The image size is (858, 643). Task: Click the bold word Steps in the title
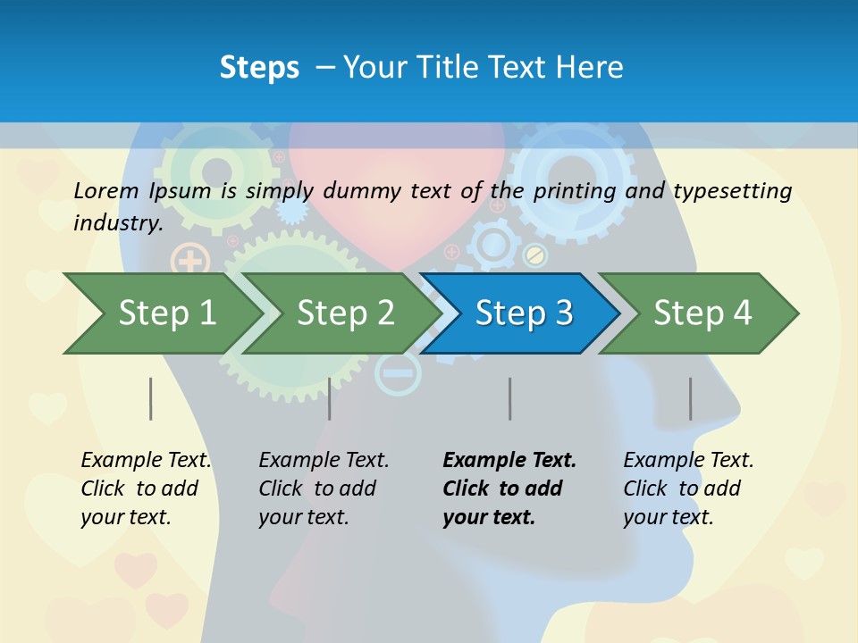pyautogui.click(x=259, y=68)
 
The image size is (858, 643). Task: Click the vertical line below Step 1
pyautogui.click(x=151, y=398)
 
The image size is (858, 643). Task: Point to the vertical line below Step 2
pyautogui.click(x=330, y=398)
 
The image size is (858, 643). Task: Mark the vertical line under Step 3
pyautogui.click(x=510, y=398)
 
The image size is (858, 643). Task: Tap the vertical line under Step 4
pyautogui.click(x=691, y=398)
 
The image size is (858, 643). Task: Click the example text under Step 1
pyautogui.click(x=146, y=489)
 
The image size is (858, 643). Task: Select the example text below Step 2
pyautogui.click(x=324, y=489)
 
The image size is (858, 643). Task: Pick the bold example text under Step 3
pyautogui.click(x=509, y=489)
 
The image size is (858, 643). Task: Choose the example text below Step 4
pyautogui.click(x=688, y=489)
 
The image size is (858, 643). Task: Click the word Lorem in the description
pyautogui.click(x=105, y=191)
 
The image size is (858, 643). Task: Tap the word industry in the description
pyautogui.click(x=118, y=223)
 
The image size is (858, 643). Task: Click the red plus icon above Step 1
pyautogui.click(x=189, y=262)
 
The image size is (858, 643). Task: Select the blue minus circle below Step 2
pyautogui.click(x=397, y=373)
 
